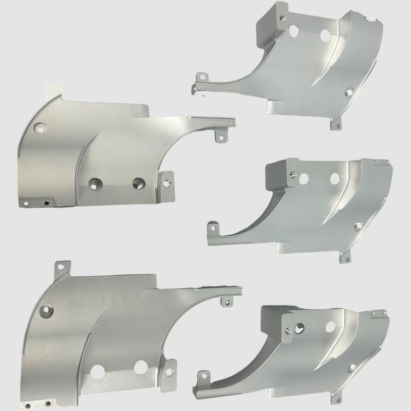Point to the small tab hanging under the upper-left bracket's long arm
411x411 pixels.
tap(220, 135)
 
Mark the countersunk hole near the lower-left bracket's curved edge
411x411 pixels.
tap(47, 310)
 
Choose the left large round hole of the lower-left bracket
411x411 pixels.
tap(97, 369)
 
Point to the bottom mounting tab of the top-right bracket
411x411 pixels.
tap(337, 124)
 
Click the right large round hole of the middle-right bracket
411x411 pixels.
tap(335, 178)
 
